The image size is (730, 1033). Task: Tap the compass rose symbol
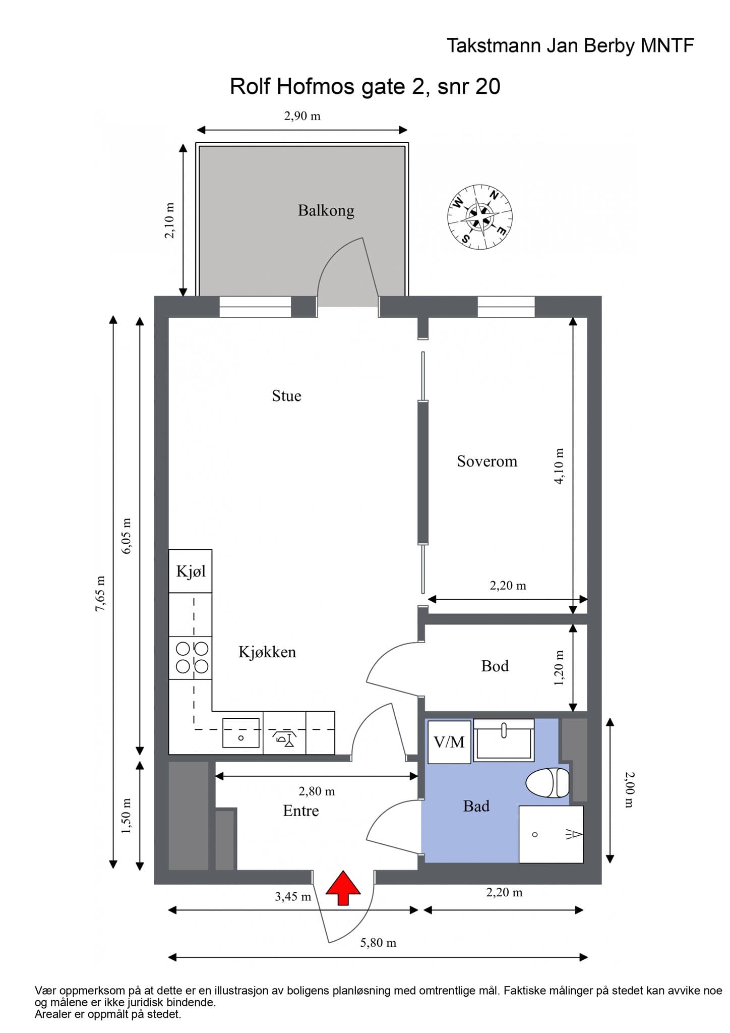point(480,217)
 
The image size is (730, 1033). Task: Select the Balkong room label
point(326,210)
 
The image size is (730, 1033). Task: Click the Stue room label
point(286,395)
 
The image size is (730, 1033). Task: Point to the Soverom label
point(487,461)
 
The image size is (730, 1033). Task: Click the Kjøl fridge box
point(190,571)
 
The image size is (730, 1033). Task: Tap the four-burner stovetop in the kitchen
point(190,658)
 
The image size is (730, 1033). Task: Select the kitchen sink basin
point(241,733)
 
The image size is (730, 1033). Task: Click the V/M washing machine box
point(449,741)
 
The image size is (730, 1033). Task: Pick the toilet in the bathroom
point(547,783)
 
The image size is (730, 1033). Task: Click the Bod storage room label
point(495,666)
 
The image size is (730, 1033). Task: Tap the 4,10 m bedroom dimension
point(559,466)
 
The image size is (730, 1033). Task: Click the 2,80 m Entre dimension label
point(317,791)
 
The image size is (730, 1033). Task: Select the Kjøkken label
point(267,652)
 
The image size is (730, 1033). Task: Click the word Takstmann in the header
point(492,46)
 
